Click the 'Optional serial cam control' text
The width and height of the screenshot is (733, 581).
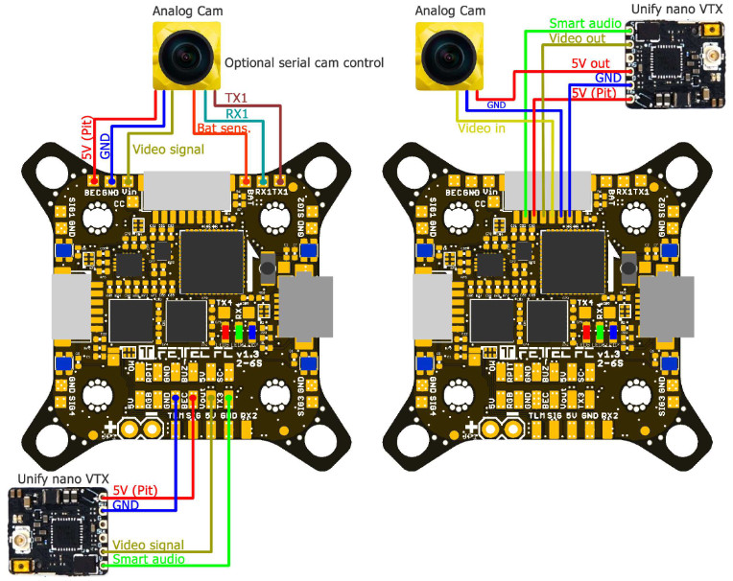pyautogui.click(x=304, y=63)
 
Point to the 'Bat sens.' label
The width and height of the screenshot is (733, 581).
pyautogui.click(x=223, y=127)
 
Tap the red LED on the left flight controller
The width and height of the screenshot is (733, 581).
pyautogui.click(x=225, y=333)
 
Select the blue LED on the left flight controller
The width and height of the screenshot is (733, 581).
pyautogui.click(x=251, y=333)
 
